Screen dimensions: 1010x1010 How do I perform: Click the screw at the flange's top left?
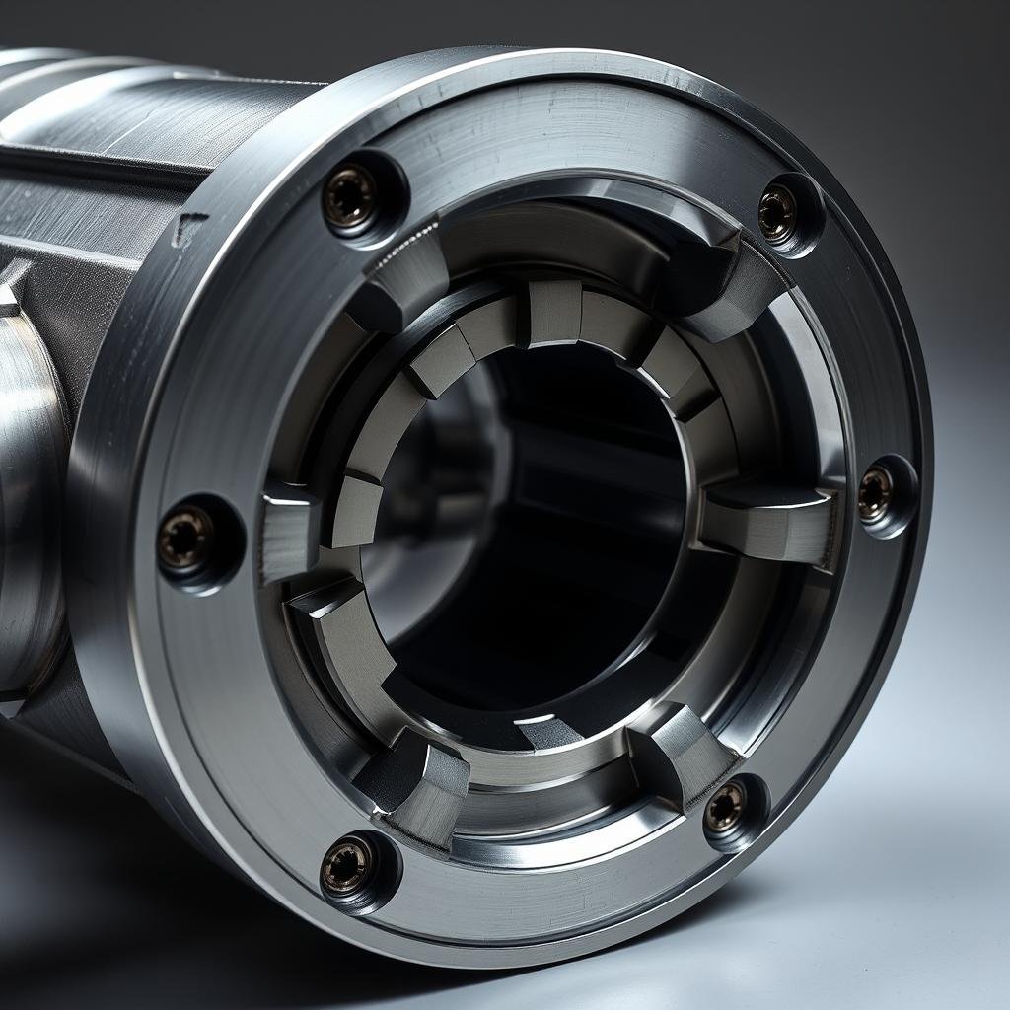(350, 195)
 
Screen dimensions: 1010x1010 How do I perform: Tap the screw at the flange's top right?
(777, 211)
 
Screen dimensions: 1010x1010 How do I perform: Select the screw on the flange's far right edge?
(875, 493)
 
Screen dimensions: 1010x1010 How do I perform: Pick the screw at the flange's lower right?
(725, 808)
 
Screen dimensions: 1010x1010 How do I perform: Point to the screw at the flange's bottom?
(347, 866)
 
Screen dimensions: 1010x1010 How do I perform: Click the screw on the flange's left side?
(185, 538)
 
